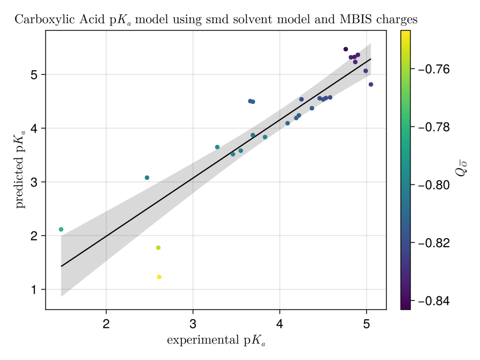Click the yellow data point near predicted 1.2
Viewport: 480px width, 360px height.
pos(159,277)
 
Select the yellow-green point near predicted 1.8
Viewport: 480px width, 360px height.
pos(158,247)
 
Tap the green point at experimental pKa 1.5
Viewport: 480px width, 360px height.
pos(61,229)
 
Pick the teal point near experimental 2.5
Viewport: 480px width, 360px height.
pos(147,178)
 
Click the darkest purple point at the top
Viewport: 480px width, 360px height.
pos(345,49)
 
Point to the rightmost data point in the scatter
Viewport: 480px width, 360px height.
pos(371,84)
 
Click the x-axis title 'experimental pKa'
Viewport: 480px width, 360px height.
pos(216,341)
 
